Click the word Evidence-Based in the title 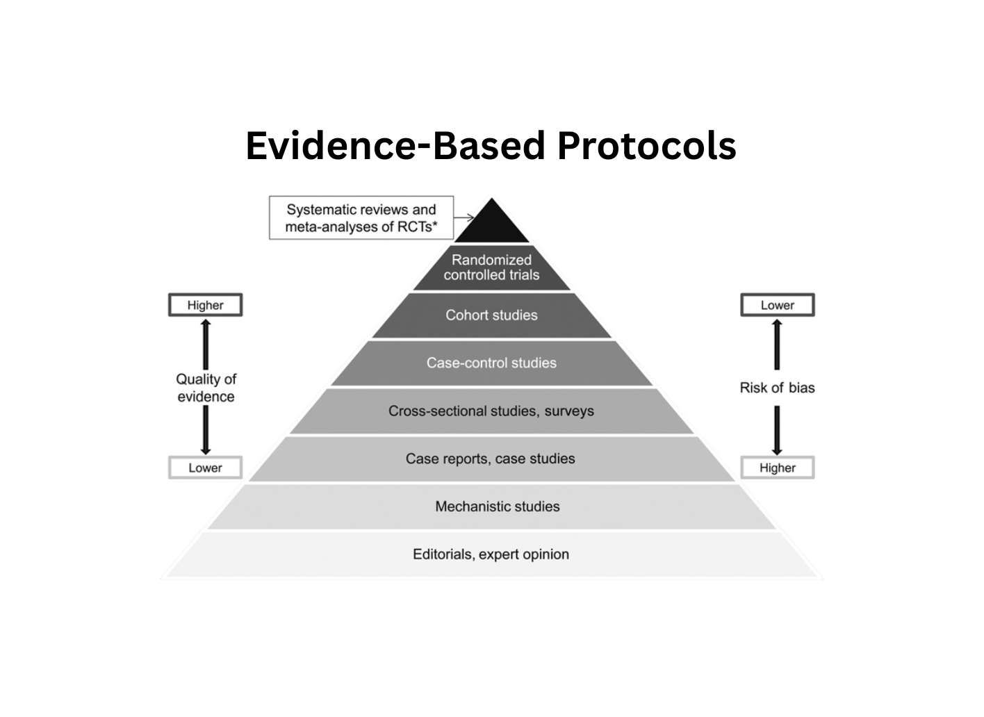(395, 146)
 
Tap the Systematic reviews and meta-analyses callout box (361, 218)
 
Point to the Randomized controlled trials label (491, 267)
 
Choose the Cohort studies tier (491, 315)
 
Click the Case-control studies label (491, 363)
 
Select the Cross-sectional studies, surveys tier (491, 411)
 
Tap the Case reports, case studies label (491, 459)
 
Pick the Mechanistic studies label (498, 506)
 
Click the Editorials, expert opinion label (491, 554)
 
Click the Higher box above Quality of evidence (205, 305)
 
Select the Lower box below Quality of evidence (205, 468)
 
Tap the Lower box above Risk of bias (777, 305)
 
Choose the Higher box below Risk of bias (777, 468)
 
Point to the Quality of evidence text (206, 388)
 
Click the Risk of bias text (777, 388)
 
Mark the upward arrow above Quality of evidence (206, 344)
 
